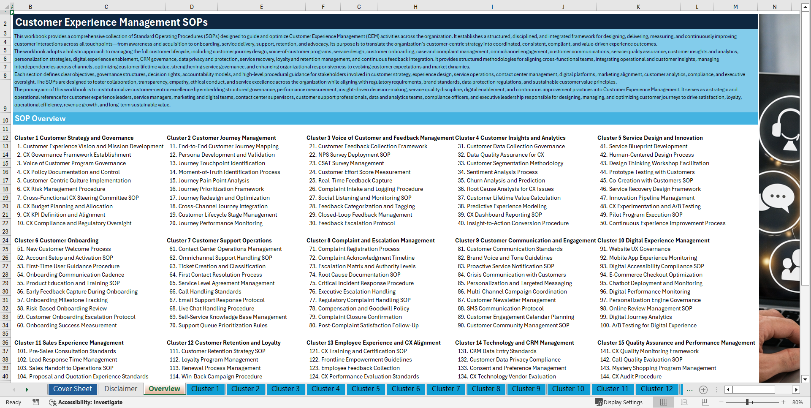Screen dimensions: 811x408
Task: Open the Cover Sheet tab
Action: tap(72, 389)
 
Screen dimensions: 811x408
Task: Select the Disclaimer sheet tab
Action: tap(121, 389)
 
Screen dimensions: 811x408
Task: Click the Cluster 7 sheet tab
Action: tap(446, 389)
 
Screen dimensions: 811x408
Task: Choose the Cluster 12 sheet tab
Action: tap(656, 389)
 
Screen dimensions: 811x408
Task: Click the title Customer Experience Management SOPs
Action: tap(111, 22)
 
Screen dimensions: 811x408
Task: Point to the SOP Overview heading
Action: tap(40, 119)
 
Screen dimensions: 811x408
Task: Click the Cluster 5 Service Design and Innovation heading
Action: tap(650, 138)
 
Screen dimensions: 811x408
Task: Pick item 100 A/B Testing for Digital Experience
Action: tap(648, 325)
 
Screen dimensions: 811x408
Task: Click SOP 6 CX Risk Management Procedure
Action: tap(61, 189)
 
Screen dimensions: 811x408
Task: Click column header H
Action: tap(415, 7)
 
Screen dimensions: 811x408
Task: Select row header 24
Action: tap(5, 240)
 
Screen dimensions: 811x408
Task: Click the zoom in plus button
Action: tap(783, 402)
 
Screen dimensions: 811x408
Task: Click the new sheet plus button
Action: tap(703, 389)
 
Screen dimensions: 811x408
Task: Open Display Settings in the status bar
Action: tap(619, 402)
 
